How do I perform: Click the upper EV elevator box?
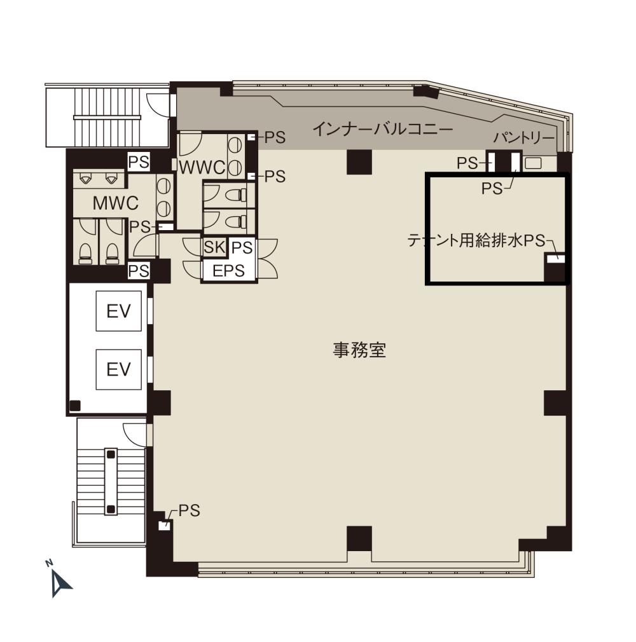coord(118,311)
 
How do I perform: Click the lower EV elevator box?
coord(118,369)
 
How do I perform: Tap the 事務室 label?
coord(359,350)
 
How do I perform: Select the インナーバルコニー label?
coord(383,130)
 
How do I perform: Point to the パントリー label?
coord(523,137)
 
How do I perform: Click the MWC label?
coord(116,203)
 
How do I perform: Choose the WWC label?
coord(202,167)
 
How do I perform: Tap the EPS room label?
coord(229,271)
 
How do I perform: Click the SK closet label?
coord(214,247)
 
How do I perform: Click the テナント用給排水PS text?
coord(476,240)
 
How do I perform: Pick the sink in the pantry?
coord(533,163)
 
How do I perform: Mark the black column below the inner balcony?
coord(359,162)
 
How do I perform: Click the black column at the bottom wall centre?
coord(359,538)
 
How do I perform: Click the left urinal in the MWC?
coord(85,178)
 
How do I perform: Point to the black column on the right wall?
coord(556,403)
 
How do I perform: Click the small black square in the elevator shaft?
coord(75,406)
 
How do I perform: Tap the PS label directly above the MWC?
coord(139,162)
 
